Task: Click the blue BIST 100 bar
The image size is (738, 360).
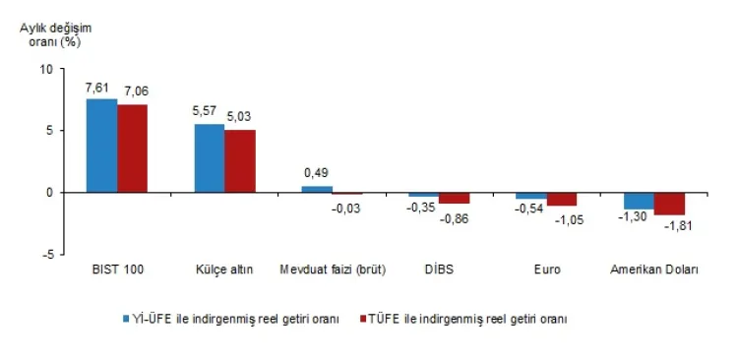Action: [x=101, y=145]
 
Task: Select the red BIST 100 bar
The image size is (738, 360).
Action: [x=133, y=148]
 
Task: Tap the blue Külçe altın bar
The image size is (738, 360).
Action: [x=209, y=157]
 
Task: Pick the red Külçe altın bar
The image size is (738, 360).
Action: [x=240, y=160]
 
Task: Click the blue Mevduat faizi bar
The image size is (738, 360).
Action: [x=316, y=189]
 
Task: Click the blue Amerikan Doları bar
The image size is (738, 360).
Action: [x=639, y=201]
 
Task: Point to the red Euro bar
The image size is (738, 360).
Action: [x=562, y=199]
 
